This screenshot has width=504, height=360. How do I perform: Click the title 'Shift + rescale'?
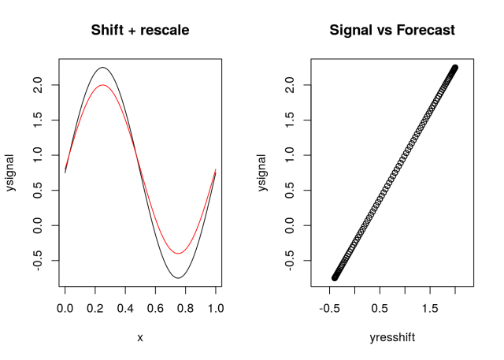(140, 31)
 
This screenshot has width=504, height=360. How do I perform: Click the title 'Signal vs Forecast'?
(392, 31)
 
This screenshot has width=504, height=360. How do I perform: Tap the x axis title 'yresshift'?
(392, 338)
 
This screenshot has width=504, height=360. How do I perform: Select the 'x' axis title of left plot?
(140, 338)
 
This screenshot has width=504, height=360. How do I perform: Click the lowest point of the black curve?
(178, 278)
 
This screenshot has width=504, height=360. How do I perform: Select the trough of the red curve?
(178, 254)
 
